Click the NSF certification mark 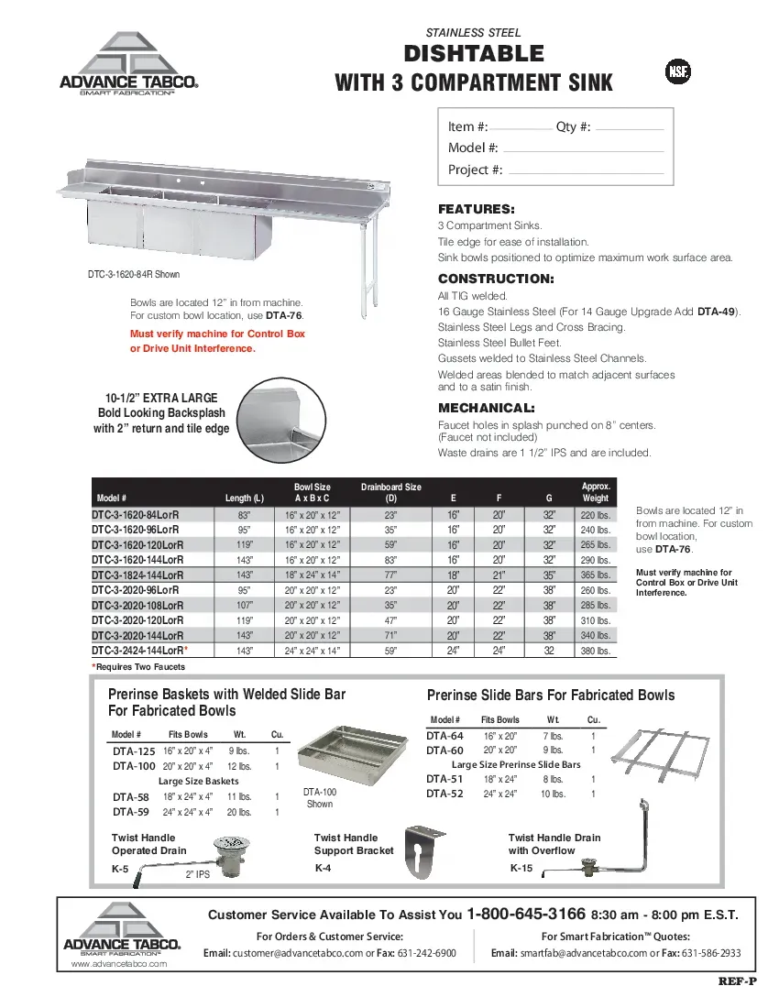coord(677,72)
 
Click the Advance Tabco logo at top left coord(128,63)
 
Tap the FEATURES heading coord(476,209)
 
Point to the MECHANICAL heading coord(486,408)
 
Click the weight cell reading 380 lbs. coord(595,651)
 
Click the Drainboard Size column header coord(391,493)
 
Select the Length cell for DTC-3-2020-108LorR coord(244,605)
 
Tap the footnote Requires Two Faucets coord(139,666)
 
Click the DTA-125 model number coord(133,751)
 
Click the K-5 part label coord(120,869)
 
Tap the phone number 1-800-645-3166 coord(526,914)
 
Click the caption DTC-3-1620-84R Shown coord(134,274)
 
